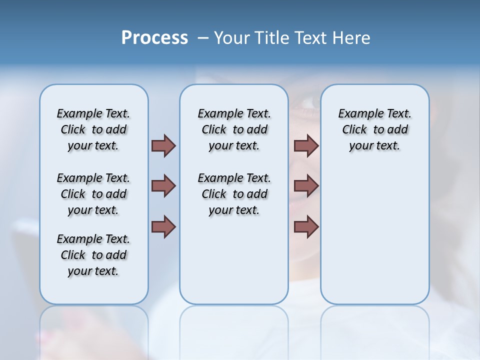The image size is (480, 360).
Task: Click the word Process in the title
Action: [x=154, y=38]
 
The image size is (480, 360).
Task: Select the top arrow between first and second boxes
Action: [x=163, y=145]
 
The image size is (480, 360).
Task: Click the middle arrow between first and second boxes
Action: [x=163, y=186]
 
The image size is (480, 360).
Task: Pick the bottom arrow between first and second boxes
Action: [x=163, y=227]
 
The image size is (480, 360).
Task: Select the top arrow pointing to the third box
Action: [x=306, y=145]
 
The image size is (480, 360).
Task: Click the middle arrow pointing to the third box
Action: [x=306, y=186]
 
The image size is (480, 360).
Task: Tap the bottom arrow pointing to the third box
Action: [x=306, y=227]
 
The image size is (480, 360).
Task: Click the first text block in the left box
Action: [x=93, y=129]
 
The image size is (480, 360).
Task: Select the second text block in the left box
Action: [x=93, y=194]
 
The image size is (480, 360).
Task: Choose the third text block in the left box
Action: [x=93, y=255]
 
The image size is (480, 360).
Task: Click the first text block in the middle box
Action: [x=234, y=129]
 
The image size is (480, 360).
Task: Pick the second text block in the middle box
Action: [x=234, y=194]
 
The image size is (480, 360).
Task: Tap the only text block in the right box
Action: [x=374, y=129]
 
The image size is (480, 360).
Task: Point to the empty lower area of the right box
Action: [x=374, y=235]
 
